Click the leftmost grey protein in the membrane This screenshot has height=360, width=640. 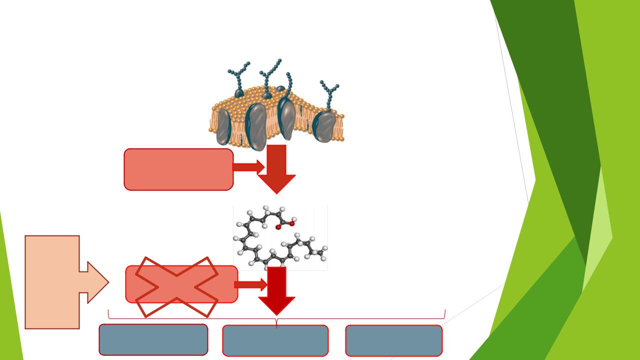tap(223, 126)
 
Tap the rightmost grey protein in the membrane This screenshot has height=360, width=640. tap(325, 126)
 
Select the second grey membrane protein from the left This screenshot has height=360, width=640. tap(256, 126)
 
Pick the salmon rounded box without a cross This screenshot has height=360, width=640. tap(178, 169)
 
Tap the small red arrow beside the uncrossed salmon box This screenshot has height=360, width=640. tap(248, 167)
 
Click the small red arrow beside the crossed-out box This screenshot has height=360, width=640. tap(250, 285)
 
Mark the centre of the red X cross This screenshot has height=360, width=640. tap(176, 286)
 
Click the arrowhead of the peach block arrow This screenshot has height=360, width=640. tap(98, 282)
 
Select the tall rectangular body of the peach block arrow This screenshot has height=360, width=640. tap(52, 282)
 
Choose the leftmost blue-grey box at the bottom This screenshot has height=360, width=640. tap(153, 339)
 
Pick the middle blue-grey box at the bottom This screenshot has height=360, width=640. tap(275, 340)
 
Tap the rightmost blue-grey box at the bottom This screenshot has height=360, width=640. tap(394, 340)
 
